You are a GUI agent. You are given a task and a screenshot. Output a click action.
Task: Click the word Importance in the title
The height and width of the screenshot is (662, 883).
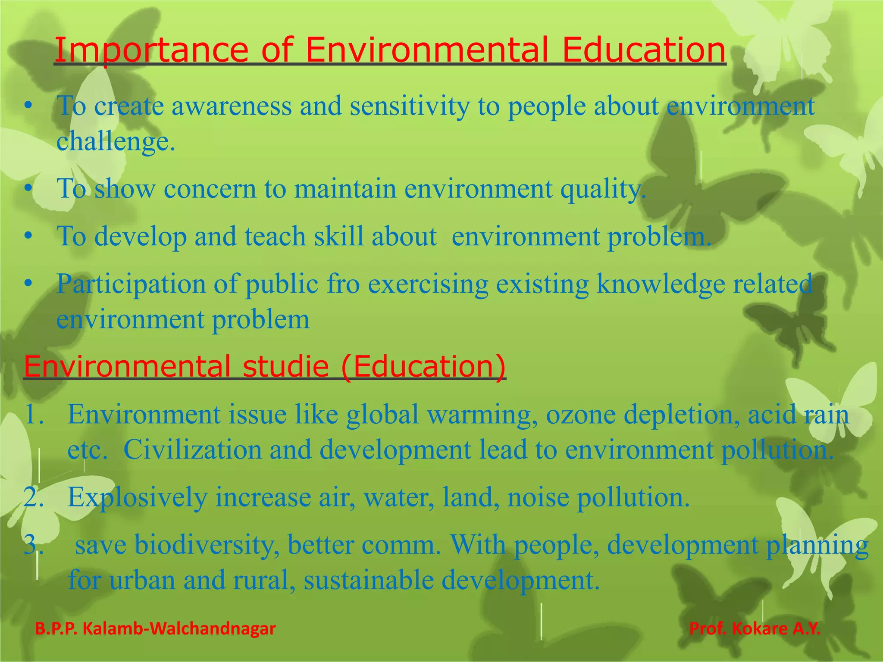pos(151,50)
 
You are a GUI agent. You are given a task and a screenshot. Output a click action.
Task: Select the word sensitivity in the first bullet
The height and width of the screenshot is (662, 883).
pos(410,106)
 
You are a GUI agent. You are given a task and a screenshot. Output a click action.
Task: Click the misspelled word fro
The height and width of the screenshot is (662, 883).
pos(343,284)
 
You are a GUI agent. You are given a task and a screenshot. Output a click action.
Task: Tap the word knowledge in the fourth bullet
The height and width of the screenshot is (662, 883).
pos(661,284)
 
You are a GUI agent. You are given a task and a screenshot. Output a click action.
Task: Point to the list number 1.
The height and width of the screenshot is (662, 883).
pos(34,414)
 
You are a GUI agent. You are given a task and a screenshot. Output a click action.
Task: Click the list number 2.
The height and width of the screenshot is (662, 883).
pos(34,497)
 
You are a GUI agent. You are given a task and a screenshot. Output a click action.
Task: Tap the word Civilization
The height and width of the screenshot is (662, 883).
pos(192,450)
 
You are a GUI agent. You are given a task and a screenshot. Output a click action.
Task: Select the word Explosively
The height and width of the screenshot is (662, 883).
pos(138,497)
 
